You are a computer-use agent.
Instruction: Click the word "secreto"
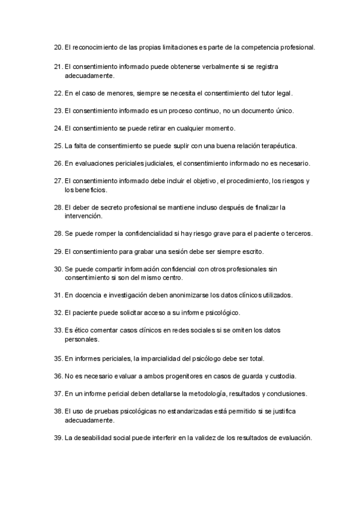tap(109, 207)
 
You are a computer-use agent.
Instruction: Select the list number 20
tap(58, 47)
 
